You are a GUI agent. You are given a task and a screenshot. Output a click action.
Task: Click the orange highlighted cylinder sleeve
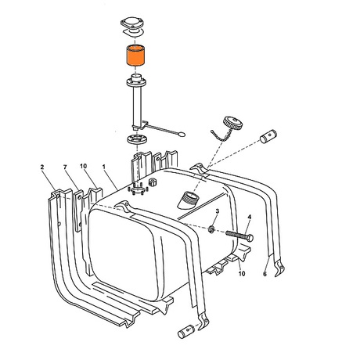[135, 56]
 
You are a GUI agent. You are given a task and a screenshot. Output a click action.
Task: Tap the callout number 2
[42, 167]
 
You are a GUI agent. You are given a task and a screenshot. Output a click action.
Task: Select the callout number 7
[65, 167]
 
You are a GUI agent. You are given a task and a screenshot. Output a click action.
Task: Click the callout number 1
[104, 167]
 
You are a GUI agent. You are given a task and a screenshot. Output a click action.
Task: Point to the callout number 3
[218, 211]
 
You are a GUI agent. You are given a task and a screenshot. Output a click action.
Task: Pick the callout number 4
[250, 217]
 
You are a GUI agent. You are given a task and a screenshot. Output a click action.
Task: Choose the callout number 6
[265, 274]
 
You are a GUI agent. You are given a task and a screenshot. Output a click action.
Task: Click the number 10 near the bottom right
[242, 274]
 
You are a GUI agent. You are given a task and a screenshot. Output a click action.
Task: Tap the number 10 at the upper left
[83, 166]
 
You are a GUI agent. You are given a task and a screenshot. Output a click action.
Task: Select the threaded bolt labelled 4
[239, 236]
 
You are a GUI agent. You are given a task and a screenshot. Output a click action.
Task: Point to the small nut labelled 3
[211, 229]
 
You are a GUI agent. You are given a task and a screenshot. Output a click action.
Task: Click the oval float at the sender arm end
[182, 135]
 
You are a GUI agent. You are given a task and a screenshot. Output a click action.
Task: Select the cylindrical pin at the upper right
[268, 136]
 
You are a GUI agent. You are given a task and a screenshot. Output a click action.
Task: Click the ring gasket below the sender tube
[137, 139]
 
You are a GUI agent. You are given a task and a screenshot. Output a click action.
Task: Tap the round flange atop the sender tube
[137, 82]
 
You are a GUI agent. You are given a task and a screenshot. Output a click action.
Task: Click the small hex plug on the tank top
[152, 182]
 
